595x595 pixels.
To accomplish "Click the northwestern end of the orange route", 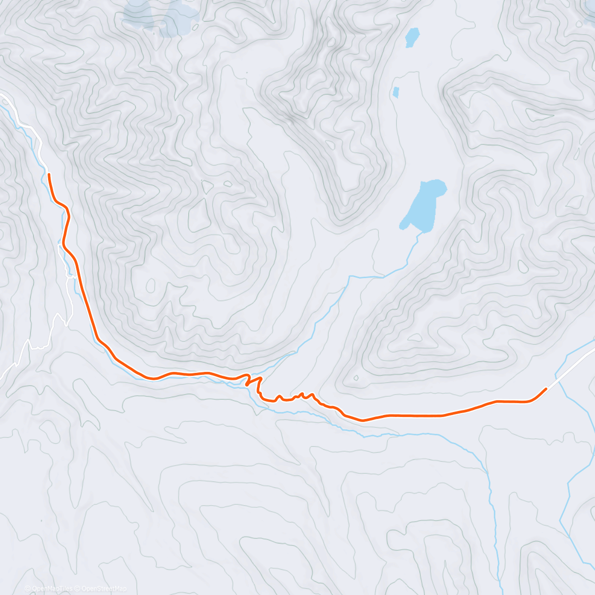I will pos(49,175).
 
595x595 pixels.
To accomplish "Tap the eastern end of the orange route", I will pos(546,389).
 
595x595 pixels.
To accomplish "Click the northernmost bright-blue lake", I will pos(412,37).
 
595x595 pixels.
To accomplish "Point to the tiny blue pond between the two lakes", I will pos(396,92).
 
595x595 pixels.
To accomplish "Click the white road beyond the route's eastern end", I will pos(570,367).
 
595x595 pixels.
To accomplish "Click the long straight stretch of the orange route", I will pos(412,415).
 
